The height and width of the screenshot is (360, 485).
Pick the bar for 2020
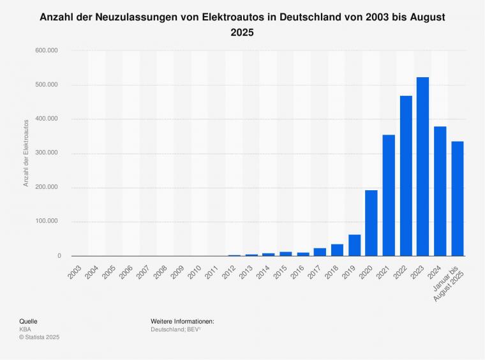[371, 223]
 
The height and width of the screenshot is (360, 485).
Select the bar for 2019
[354, 245]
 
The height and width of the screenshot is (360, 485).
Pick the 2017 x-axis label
[313, 268]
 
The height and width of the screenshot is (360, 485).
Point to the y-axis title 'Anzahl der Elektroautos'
[26, 153]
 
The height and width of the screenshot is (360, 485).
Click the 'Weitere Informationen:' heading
[183, 321]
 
